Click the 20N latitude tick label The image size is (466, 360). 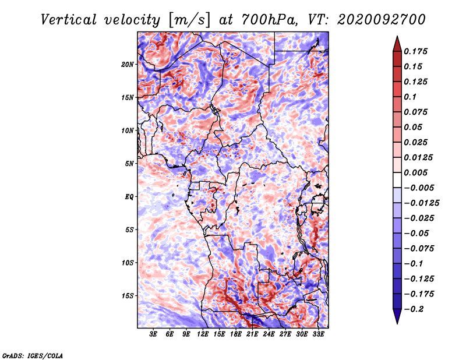click(x=128, y=64)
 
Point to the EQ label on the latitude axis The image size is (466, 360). click(x=129, y=197)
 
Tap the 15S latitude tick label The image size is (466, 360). click(x=128, y=296)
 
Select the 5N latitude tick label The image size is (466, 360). click(x=129, y=164)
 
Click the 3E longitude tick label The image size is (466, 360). click(x=153, y=334)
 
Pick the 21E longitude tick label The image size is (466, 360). click(x=252, y=334)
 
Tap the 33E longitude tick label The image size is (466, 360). click(x=318, y=334)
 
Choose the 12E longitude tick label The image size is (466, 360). click(x=202, y=334)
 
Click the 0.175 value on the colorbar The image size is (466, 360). click(x=415, y=51)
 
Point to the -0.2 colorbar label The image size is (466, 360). click(x=414, y=309)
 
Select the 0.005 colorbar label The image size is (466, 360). click(x=415, y=172)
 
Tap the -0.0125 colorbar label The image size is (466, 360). click(x=421, y=203)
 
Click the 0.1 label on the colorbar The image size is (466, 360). click(x=410, y=97)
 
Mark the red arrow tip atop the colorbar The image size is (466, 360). click(x=397, y=36)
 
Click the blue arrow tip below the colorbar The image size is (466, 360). click(x=397, y=323)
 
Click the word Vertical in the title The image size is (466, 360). click(x=68, y=20)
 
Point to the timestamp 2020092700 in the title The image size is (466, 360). click(x=382, y=20)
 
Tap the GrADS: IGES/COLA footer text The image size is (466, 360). click(x=33, y=355)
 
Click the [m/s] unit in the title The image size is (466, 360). click(x=189, y=20)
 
